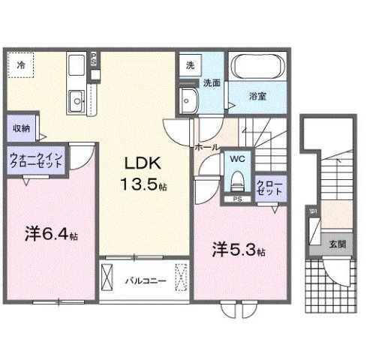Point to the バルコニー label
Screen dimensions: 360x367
click(139, 281)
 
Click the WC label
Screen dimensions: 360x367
click(236, 158)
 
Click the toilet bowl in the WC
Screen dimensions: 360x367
click(237, 181)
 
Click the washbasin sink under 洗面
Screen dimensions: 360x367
click(188, 98)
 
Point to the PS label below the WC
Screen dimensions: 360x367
click(236, 199)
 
